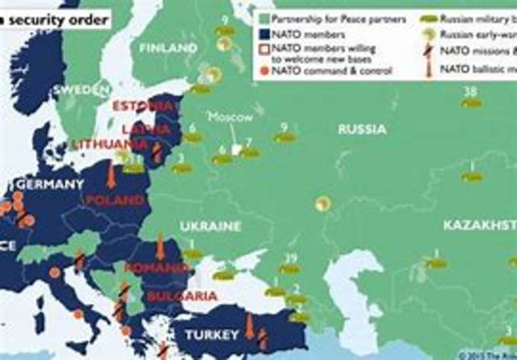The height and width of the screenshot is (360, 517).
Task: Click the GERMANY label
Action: (48, 185)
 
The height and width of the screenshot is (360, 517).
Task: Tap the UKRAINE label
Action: (212, 225)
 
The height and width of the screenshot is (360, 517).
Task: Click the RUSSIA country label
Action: (362, 129)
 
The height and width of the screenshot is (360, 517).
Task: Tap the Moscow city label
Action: (231, 117)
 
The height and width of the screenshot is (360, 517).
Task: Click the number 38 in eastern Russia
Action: (469, 92)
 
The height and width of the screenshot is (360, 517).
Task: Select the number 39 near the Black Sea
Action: (288, 258)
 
